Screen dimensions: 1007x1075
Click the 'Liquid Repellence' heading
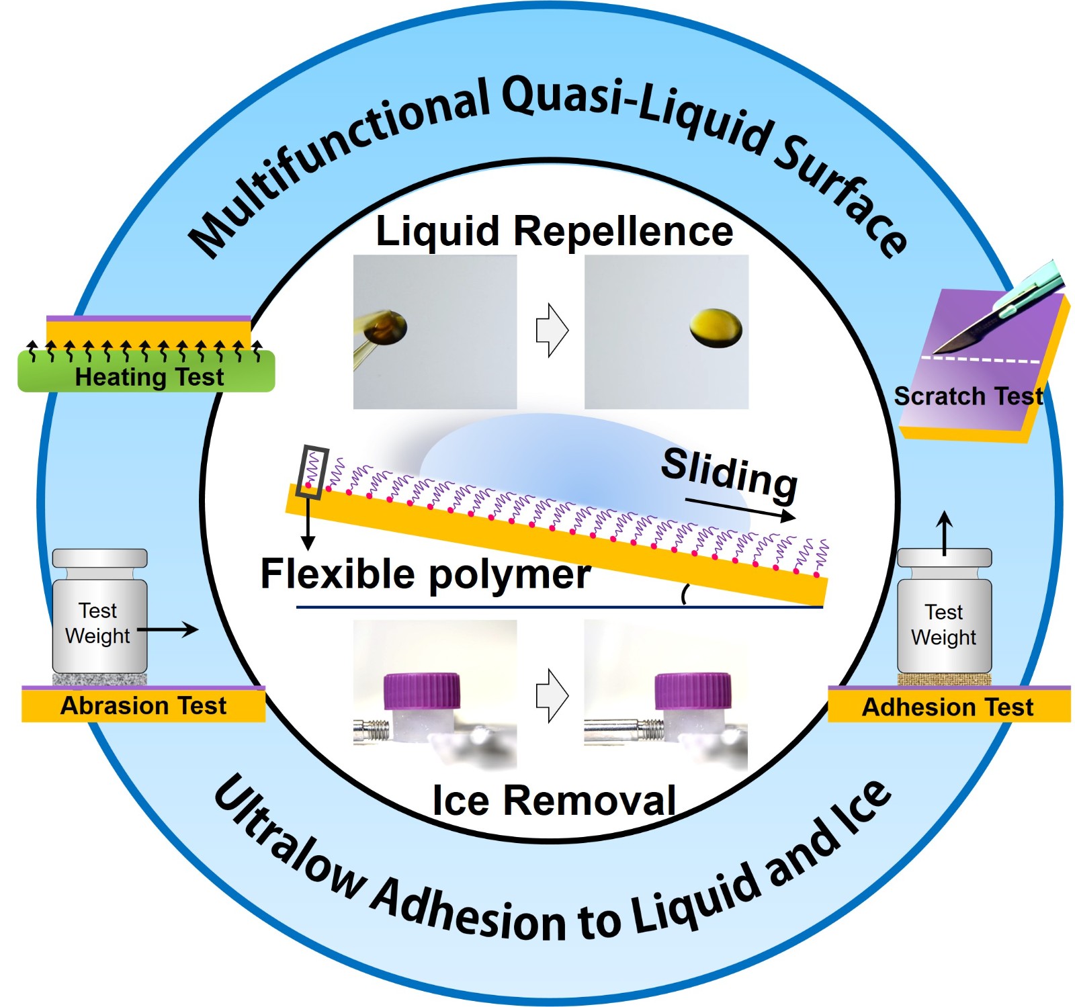coord(554,232)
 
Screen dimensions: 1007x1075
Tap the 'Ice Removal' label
coord(554,800)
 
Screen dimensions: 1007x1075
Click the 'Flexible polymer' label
coord(425,574)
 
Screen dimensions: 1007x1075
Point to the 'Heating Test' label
coord(149,377)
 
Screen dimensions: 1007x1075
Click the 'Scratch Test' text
coord(968,396)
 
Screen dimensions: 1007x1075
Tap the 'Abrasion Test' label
coord(143,706)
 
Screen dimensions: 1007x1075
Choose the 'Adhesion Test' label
coord(947,707)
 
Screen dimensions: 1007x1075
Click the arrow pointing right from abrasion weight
coord(168,629)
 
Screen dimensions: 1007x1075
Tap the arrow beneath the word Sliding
coord(739,509)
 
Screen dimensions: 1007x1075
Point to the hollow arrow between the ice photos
coord(552,695)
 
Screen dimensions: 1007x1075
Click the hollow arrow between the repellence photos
coord(552,330)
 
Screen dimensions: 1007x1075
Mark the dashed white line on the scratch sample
coord(981,360)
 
